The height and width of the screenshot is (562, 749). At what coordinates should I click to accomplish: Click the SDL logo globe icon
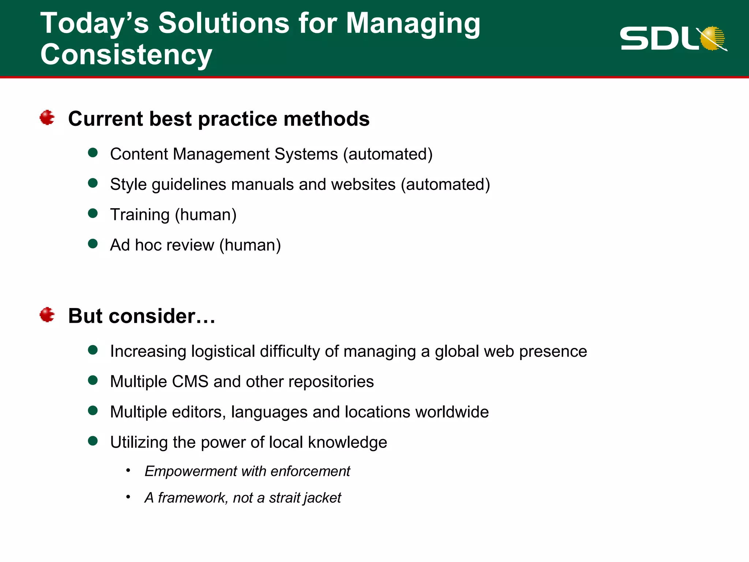712,38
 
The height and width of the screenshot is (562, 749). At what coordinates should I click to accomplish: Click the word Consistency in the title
126,55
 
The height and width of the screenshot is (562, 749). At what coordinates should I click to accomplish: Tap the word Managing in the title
413,23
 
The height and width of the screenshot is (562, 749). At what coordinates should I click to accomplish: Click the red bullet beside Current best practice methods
47,118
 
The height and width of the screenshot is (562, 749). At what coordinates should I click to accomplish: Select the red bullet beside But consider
47,315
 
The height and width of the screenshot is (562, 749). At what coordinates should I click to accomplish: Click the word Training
140,215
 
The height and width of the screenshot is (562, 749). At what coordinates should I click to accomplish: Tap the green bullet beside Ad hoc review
93,244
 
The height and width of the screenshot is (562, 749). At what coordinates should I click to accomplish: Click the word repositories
331,382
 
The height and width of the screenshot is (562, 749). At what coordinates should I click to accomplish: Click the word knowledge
347,442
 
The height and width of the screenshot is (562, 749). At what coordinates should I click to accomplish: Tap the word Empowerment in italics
190,471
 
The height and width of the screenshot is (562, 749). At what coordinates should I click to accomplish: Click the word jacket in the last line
323,498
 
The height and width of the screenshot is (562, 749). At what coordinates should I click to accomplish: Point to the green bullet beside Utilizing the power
93,441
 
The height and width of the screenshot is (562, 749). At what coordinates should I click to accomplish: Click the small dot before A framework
128,497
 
